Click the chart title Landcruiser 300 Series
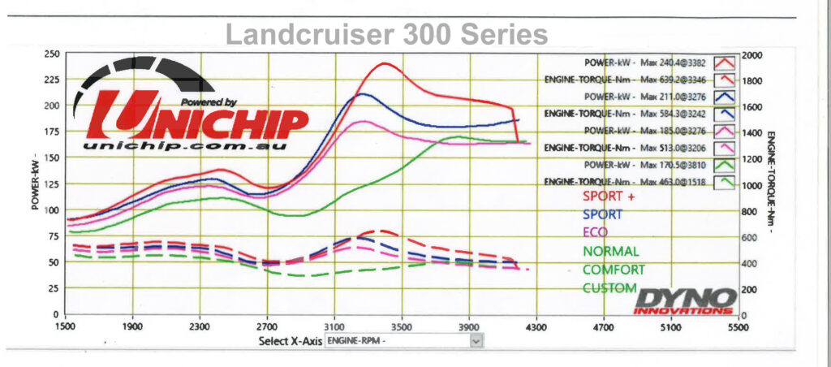coord(386,34)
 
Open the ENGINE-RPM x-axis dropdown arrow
coord(476,342)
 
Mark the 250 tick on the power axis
coord(51,54)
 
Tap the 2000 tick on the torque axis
coord(753,54)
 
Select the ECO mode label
coord(595,232)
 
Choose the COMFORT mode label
coord(614,270)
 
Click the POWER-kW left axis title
coord(36,183)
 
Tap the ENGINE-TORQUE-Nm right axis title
coord(770,183)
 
